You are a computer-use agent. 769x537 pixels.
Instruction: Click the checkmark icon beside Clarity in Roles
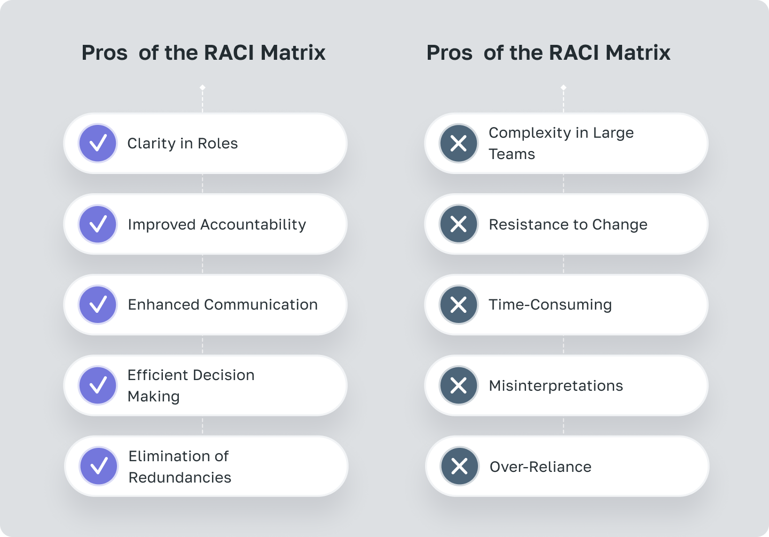click(98, 143)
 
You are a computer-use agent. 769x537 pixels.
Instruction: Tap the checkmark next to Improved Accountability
click(98, 224)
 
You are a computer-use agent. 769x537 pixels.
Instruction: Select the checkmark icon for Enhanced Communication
click(98, 305)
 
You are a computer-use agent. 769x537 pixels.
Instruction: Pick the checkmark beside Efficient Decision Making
click(98, 385)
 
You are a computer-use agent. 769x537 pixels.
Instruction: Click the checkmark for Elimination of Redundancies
click(99, 466)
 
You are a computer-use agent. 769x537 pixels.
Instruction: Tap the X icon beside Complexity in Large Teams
click(459, 143)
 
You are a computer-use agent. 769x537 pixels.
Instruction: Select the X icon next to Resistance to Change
click(459, 224)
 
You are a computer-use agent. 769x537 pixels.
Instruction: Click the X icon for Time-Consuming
click(459, 305)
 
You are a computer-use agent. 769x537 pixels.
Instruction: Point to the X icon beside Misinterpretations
click(459, 385)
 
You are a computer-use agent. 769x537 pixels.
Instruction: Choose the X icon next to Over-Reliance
click(459, 466)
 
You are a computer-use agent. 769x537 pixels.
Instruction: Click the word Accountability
click(253, 225)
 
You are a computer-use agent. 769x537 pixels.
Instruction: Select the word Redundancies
click(180, 477)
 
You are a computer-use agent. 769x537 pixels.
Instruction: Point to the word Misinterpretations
click(556, 386)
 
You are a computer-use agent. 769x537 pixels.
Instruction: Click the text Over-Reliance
click(540, 467)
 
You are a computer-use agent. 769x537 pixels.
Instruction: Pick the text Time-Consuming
click(550, 305)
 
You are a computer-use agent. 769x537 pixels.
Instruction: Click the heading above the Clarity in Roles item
click(203, 53)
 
